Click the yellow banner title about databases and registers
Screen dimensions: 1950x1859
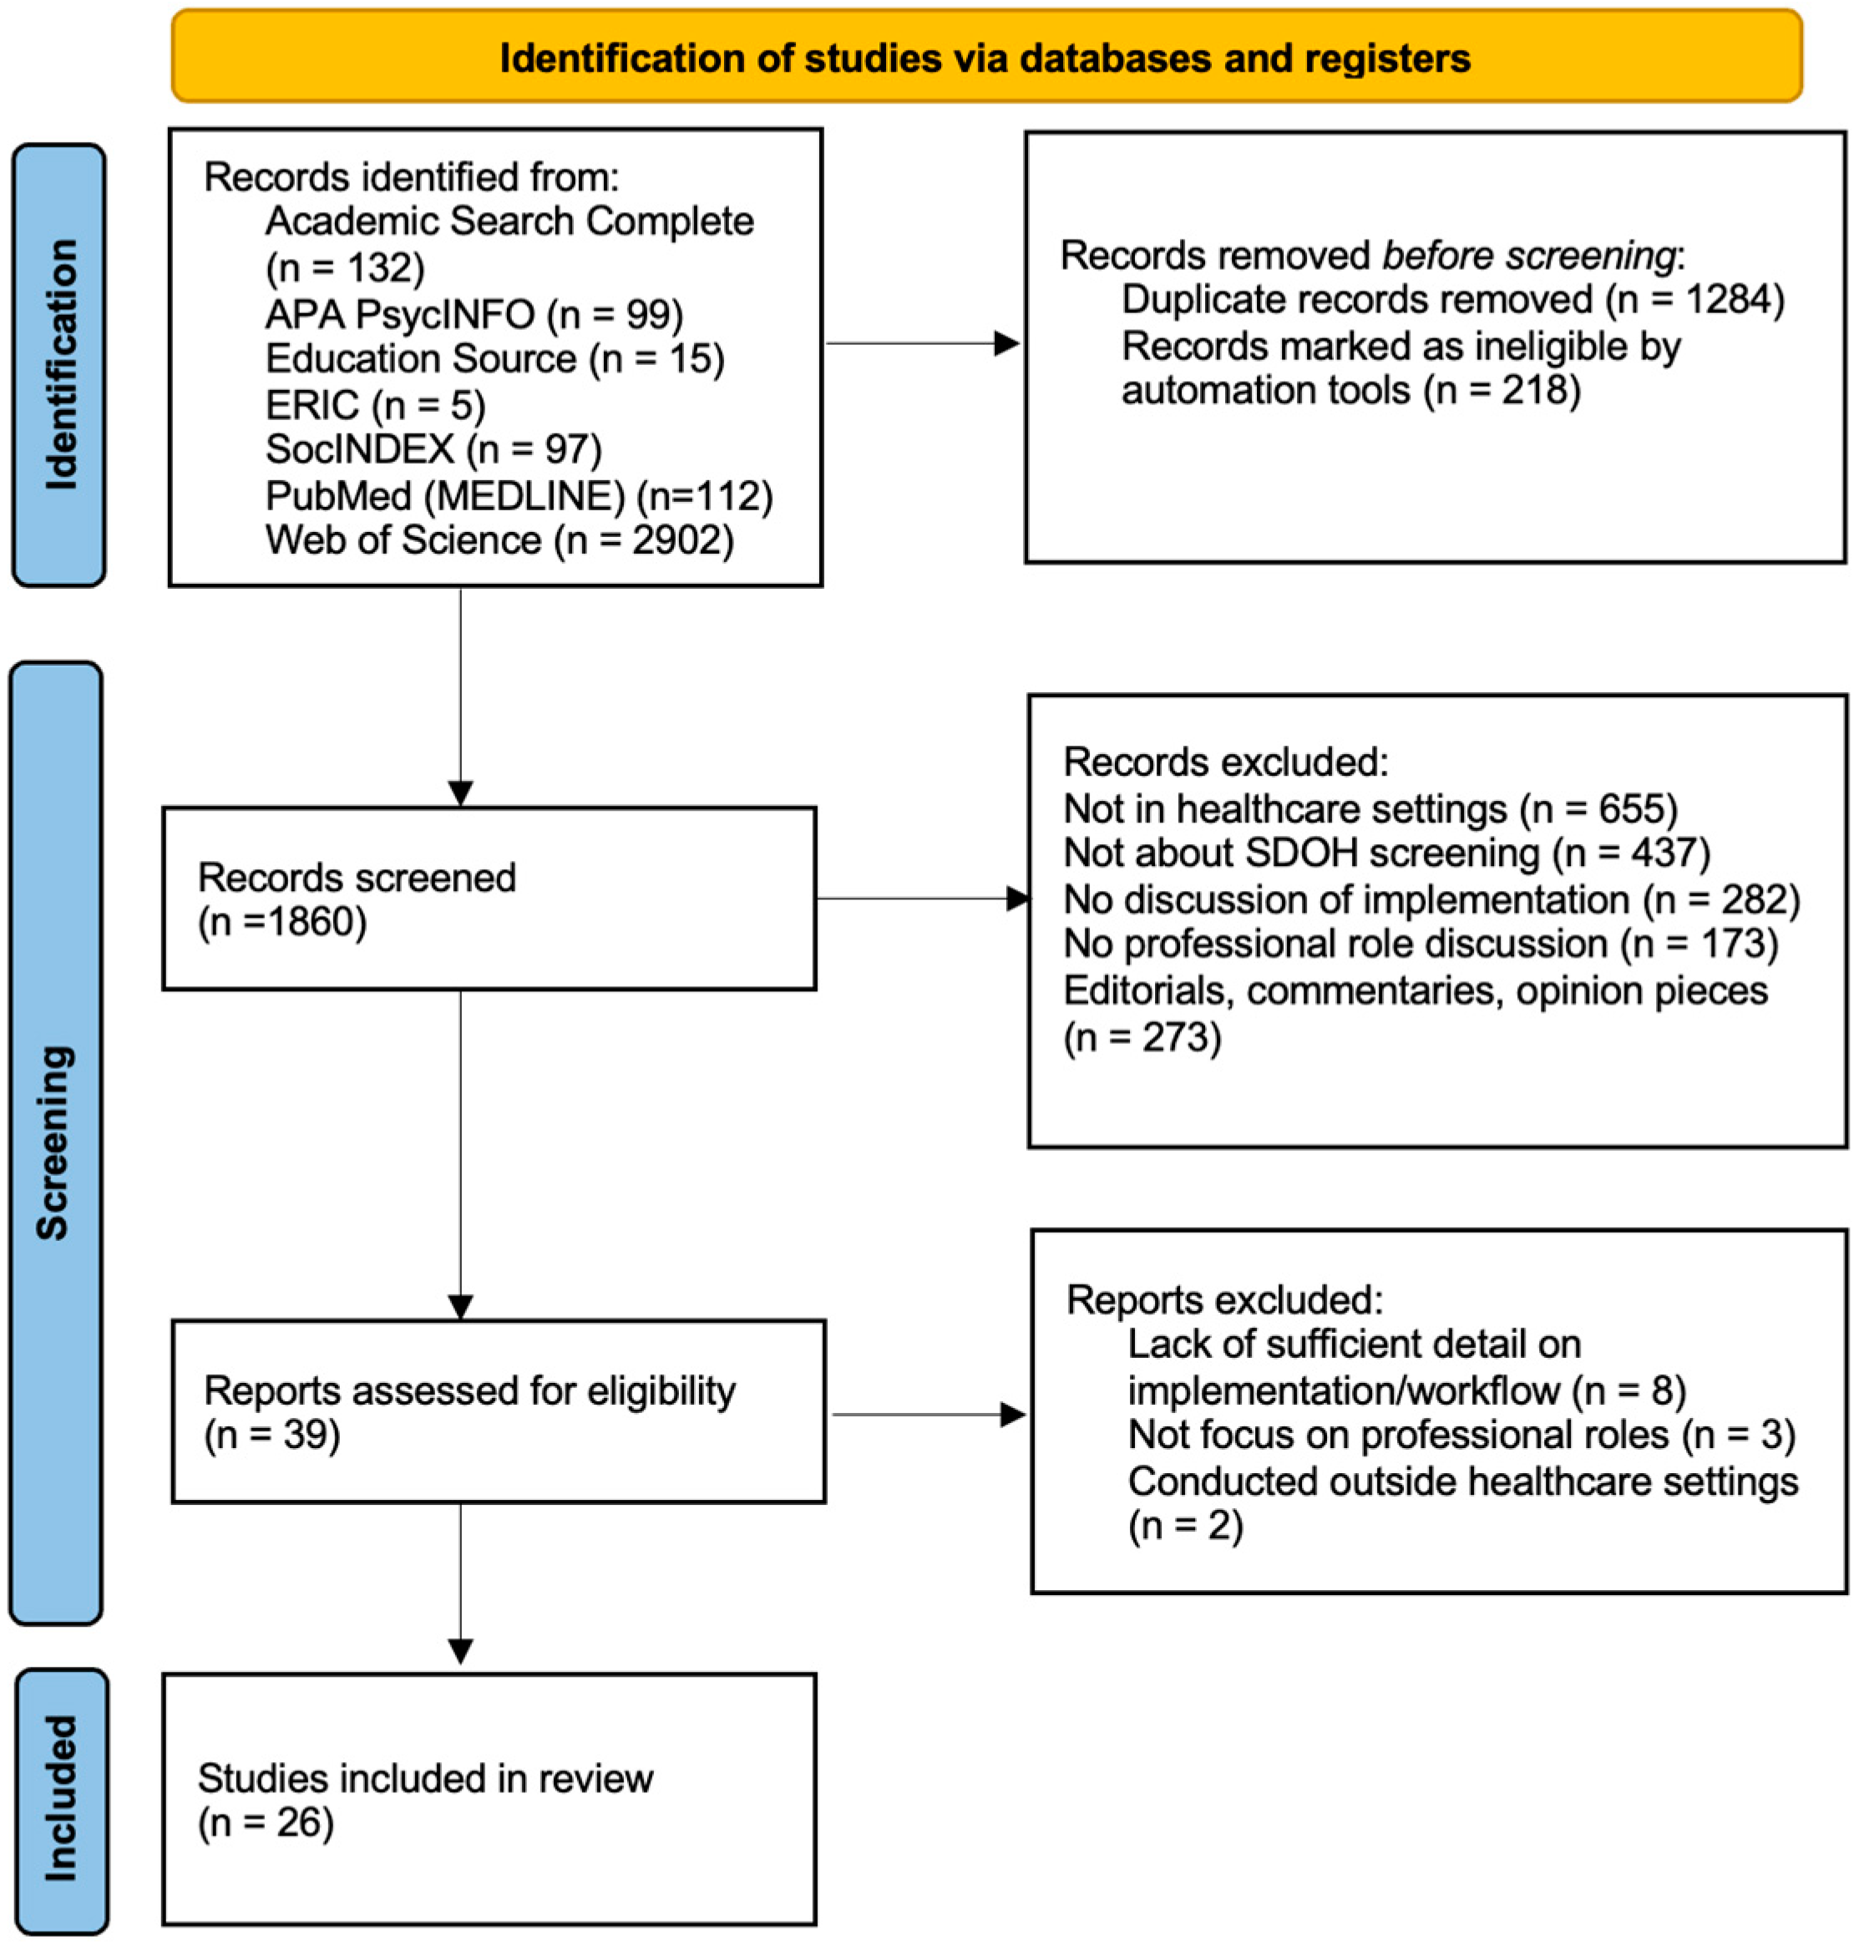point(984,58)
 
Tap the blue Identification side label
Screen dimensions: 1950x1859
point(59,365)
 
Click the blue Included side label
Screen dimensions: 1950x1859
point(62,1797)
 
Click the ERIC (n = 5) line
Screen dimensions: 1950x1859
point(375,405)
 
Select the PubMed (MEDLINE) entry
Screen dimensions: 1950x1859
point(519,495)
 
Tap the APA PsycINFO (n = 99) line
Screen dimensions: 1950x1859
point(474,314)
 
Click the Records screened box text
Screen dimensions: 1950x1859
point(357,899)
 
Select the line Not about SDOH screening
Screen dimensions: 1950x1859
point(1385,853)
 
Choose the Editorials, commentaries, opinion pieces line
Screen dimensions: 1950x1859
point(1415,990)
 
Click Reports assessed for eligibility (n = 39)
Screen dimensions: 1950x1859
point(469,1412)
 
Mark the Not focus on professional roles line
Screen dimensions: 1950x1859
point(1461,1435)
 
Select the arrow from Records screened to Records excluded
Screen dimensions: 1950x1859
point(922,899)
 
